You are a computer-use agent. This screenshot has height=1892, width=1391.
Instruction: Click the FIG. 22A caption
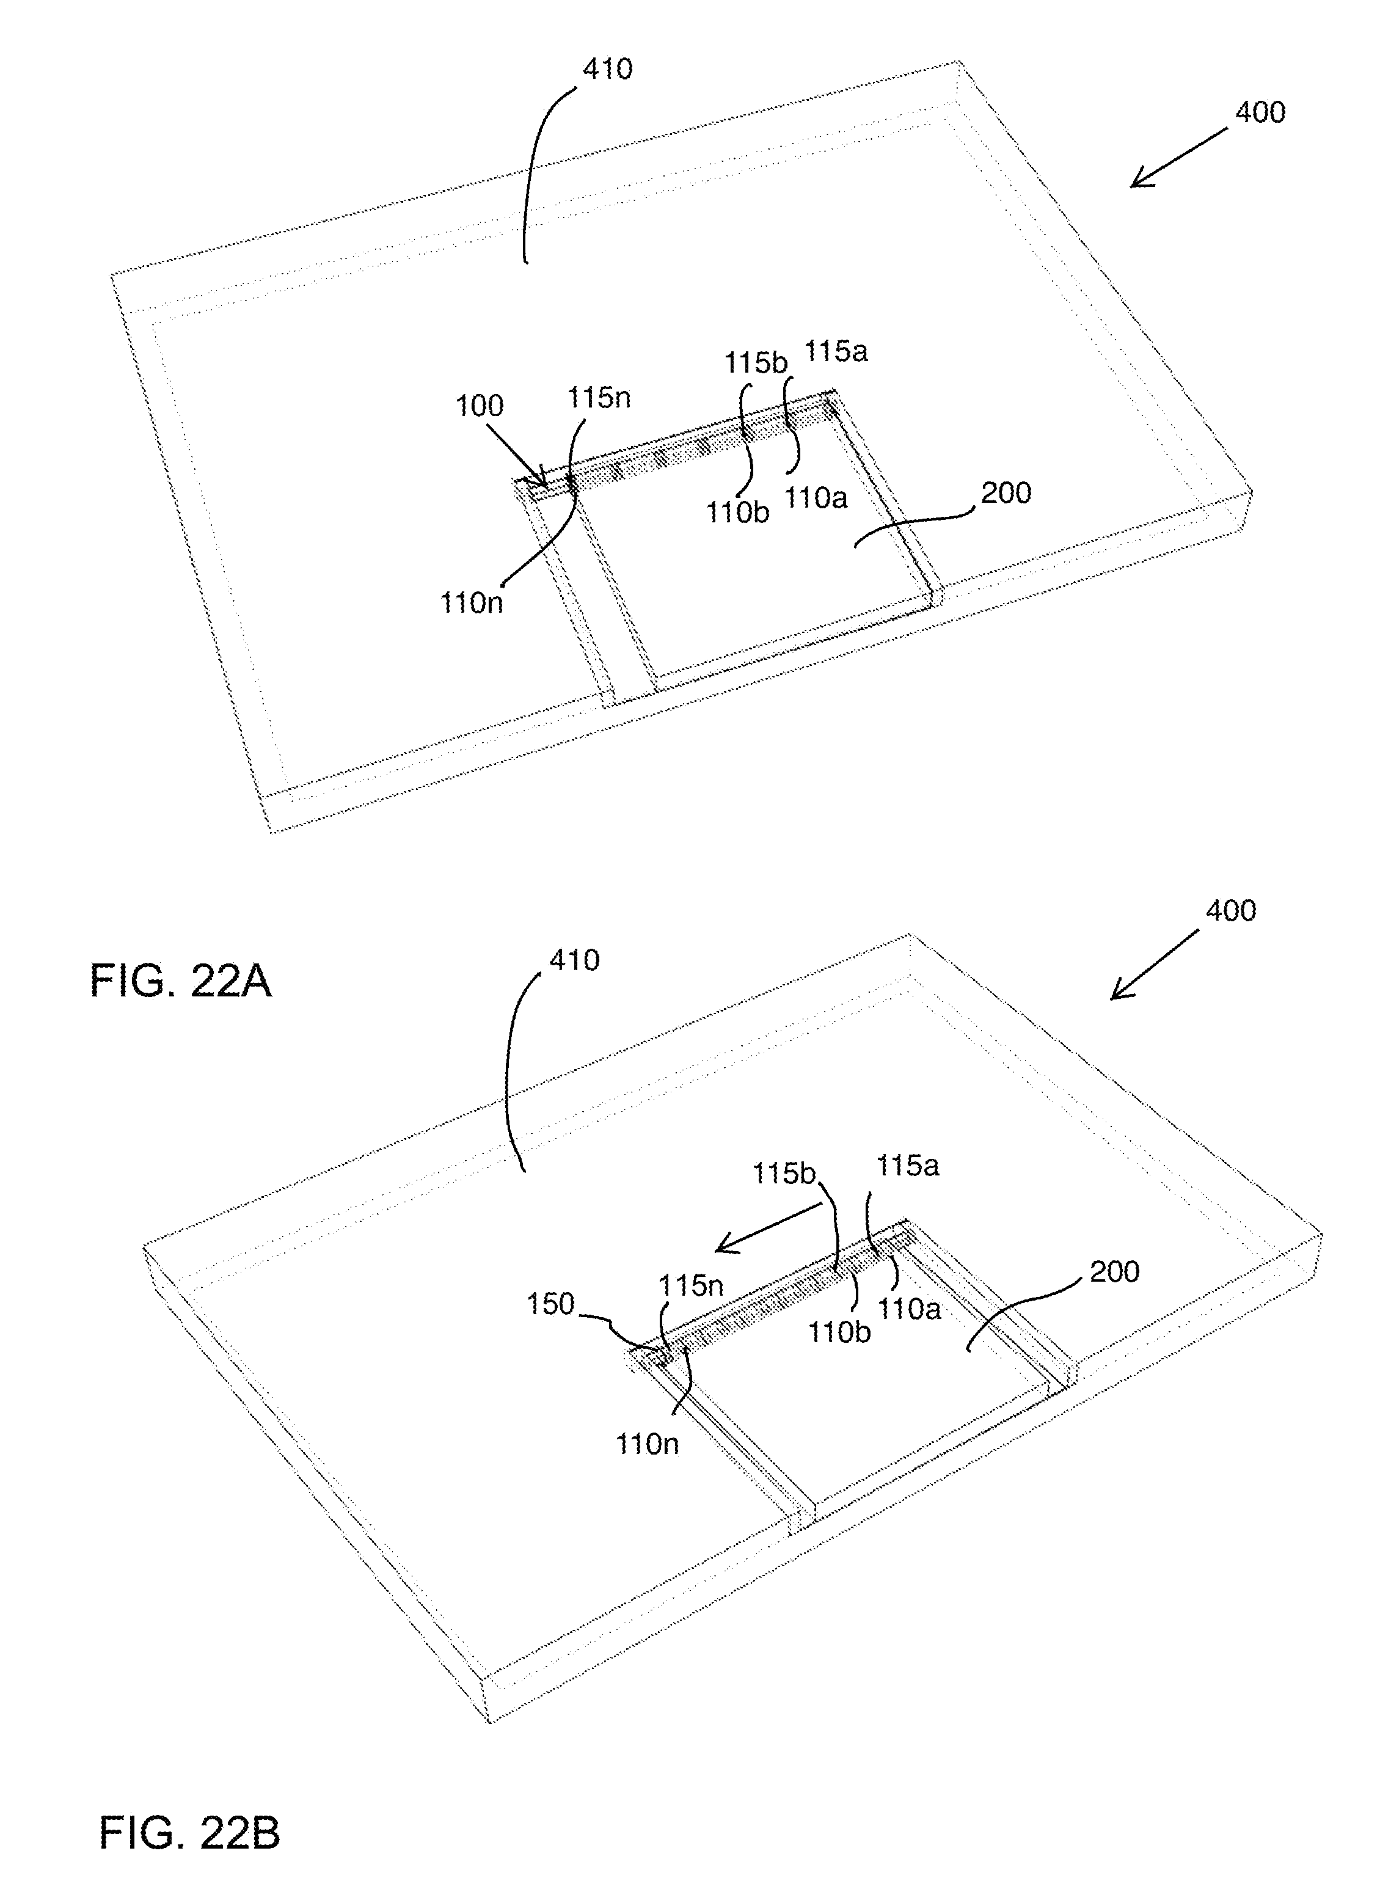coord(180,981)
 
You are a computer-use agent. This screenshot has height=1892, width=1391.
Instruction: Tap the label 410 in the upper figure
coord(607,69)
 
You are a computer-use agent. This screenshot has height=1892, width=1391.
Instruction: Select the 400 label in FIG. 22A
coord(1260,113)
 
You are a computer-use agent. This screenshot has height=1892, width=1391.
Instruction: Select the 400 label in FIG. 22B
coord(1230,910)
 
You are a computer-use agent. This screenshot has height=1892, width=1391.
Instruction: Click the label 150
coord(550,1304)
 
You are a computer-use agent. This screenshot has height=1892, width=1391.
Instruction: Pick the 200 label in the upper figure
coord(1006,492)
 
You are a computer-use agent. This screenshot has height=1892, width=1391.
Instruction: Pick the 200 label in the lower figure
coord(1114,1271)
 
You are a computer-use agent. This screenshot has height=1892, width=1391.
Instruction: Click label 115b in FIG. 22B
coord(784,1174)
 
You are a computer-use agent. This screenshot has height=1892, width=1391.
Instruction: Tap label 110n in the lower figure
coord(647,1444)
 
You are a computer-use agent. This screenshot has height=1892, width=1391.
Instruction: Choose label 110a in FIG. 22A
coord(816,498)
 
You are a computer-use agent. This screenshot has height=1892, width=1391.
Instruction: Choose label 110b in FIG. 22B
coord(839,1332)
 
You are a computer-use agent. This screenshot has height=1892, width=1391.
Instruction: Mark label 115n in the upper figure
coord(599,396)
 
